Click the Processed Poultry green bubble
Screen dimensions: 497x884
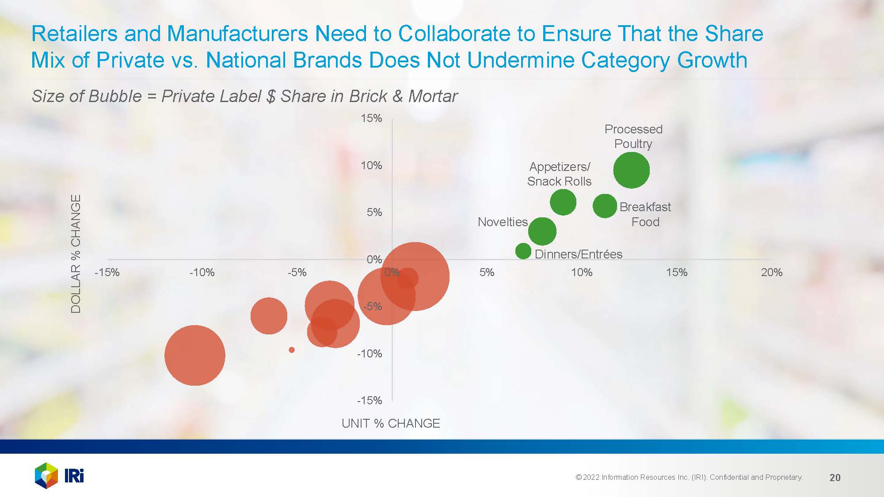(631, 170)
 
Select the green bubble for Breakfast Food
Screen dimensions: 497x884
(604, 205)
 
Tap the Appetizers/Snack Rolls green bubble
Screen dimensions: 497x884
(563, 202)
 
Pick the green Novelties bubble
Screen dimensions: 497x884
(542, 231)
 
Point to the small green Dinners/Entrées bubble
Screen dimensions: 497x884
(523, 251)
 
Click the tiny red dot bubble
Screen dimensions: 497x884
(292, 350)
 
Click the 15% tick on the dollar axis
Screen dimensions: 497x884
(371, 118)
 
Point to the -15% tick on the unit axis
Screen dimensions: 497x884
(107, 273)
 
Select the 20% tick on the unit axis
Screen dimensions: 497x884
(771, 273)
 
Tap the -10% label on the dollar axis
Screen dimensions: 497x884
(370, 353)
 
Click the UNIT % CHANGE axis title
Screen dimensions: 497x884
(391, 423)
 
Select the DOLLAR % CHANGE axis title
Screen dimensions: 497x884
(76, 254)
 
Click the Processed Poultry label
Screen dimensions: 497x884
(633, 137)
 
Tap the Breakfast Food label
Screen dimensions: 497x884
(645, 214)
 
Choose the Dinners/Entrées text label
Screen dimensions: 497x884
(578, 254)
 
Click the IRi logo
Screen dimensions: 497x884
(59, 475)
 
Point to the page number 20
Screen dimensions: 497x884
(835, 478)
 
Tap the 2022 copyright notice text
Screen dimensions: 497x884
(689, 477)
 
